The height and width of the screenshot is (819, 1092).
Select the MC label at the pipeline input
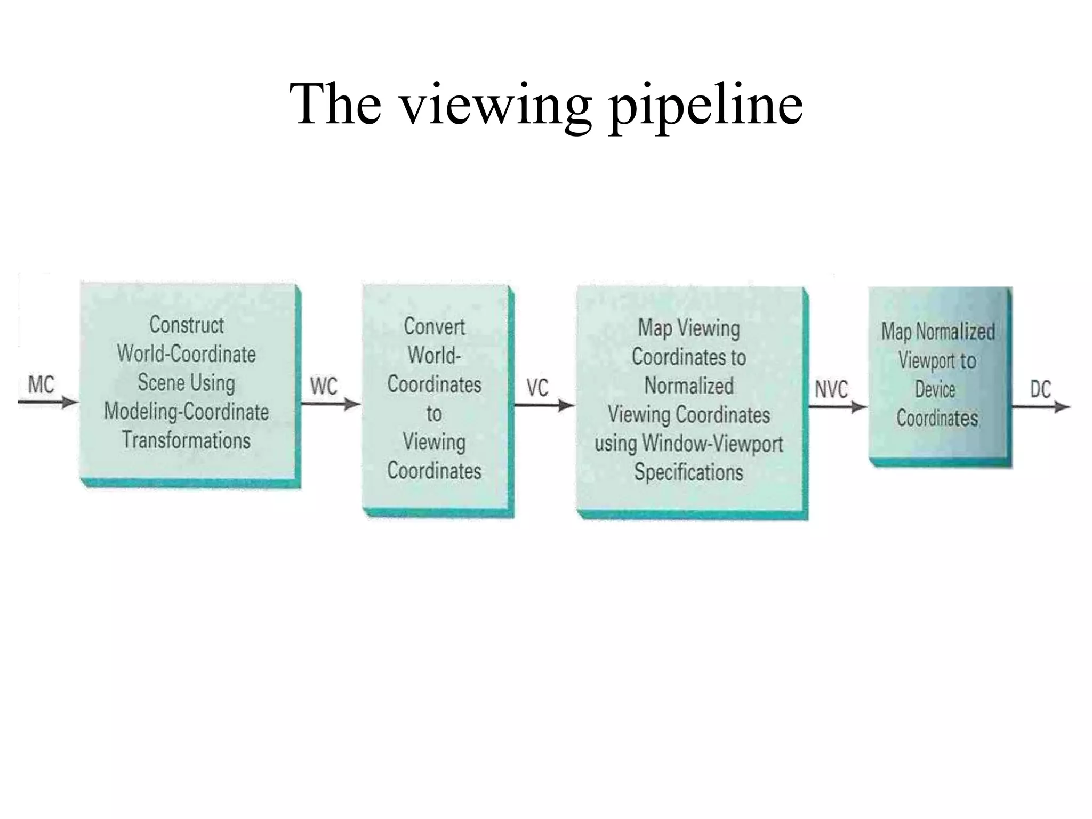pyautogui.click(x=41, y=384)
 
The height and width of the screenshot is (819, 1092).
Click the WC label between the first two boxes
pyautogui.click(x=324, y=387)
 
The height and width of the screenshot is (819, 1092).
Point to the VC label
pyautogui.click(x=537, y=388)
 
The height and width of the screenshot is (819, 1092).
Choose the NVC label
pyautogui.click(x=831, y=389)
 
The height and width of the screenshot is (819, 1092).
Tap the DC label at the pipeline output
pyautogui.click(x=1040, y=389)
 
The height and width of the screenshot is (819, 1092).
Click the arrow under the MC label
pyautogui.click(x=48, y=403)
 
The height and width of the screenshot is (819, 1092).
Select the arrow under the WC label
pyautogui.click(x=331, y=404)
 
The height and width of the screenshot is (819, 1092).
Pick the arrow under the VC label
pyautogui.click(x=544, y=406)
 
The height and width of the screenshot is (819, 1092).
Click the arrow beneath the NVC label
pyautogui.click(x=837, y=407)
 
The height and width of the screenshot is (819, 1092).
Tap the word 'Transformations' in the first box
pyautogui.click(x=187, y=440)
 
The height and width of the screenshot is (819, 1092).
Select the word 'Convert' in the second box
pyautogui.click(x=434, y=326)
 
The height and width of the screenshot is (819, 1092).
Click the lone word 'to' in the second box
pyautogui.click(x=434, y=413)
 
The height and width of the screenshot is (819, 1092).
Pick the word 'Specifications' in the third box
pyautogui.click(x=688, y=472)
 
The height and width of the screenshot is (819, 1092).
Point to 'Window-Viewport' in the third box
pyautogui.click(x=712, y=444)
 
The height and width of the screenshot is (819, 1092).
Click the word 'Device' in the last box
pyautogui.click(x=935, y=389)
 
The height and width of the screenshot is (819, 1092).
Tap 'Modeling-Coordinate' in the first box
pyautogui.click(x=187, y=412)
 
